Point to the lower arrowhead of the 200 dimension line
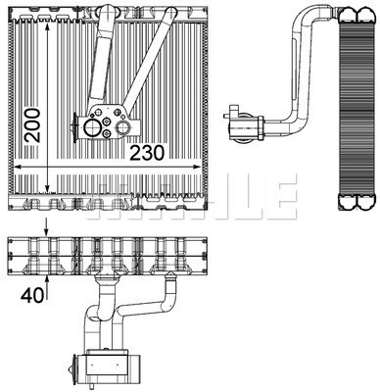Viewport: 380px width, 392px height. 46,189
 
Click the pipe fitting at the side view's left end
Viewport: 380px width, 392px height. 232,125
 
